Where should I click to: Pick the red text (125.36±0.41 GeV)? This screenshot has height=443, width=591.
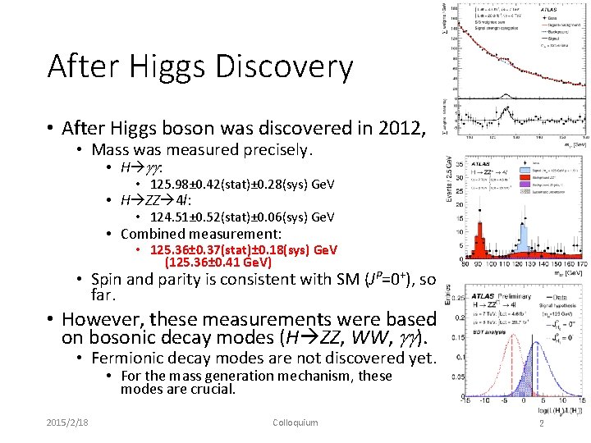[x=219, y=263]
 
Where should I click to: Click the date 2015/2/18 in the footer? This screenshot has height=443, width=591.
[x=68, y=422]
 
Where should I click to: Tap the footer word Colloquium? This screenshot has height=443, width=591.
[x=295, y=422]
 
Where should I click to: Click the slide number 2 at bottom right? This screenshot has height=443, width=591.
[x=541, y=422]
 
